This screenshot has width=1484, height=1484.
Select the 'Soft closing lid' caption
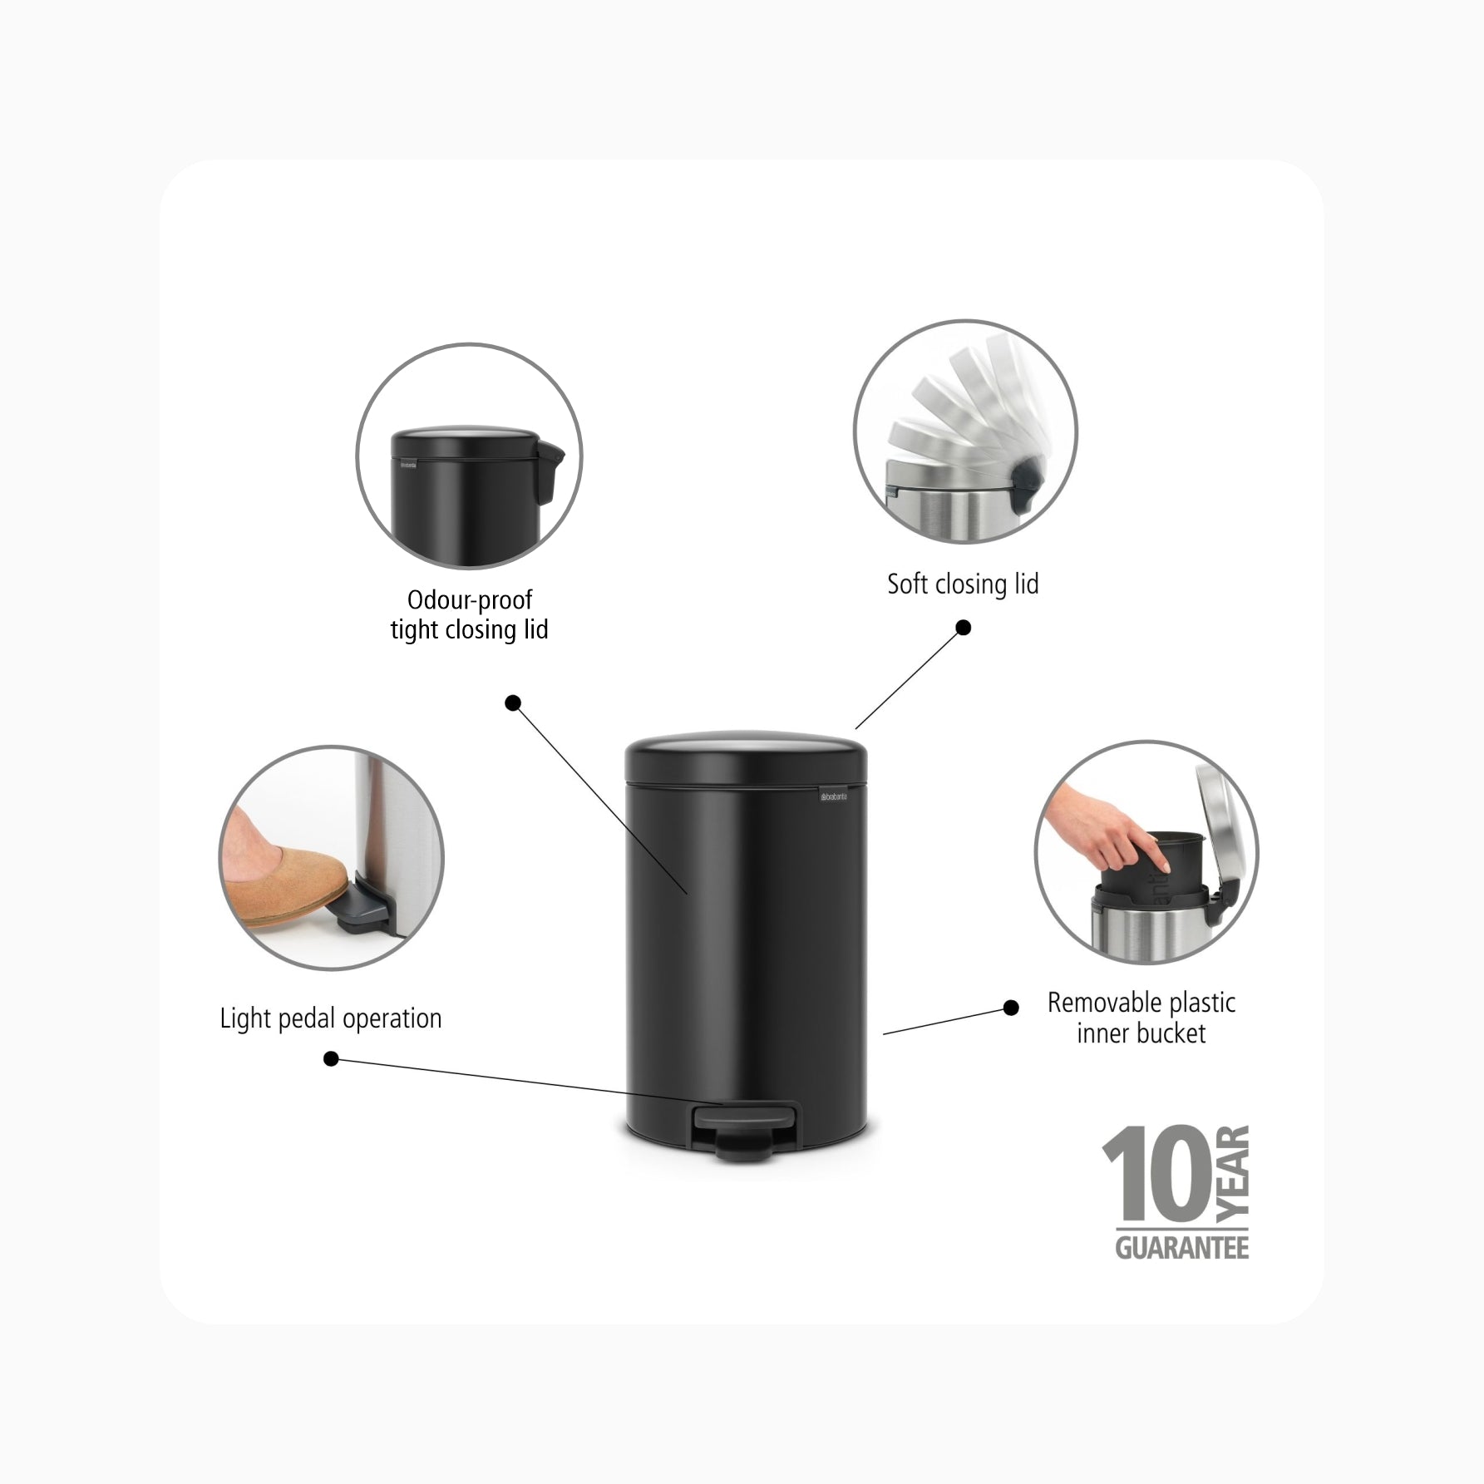point(963,584)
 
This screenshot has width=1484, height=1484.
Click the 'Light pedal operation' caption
point(330,1018)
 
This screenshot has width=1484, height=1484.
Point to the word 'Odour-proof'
point(470,599)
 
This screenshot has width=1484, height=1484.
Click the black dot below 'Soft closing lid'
point(964,628)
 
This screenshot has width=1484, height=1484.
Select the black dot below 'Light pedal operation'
point(331,1059)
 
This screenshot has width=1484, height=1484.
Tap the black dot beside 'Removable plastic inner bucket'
point(1011,1008)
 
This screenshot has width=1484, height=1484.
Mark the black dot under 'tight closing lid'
point(513,703)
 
